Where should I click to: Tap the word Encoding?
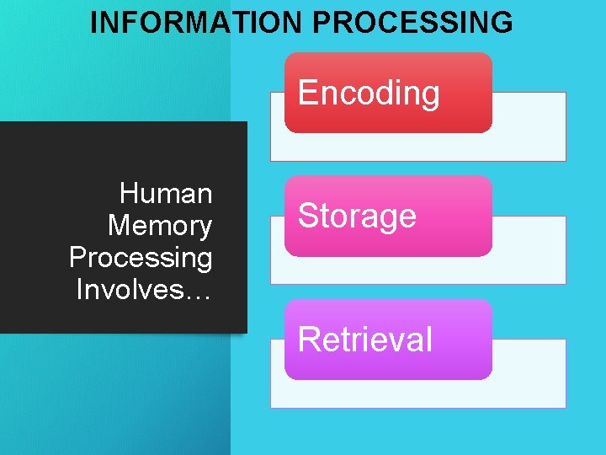(x=369, y=93)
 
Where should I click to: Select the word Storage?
(x=357, y=216)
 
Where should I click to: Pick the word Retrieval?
(x=364, y=340)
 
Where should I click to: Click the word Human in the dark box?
(x=166, y=194)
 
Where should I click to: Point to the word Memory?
(x=160, y=226)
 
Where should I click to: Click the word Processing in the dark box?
(x=141, y=258)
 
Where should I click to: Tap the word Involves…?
(x=144, y=290)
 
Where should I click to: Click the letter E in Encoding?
(x=307, y=93)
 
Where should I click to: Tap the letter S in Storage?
(x=307, y=216)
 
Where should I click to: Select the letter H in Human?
(x=130, y=194)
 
